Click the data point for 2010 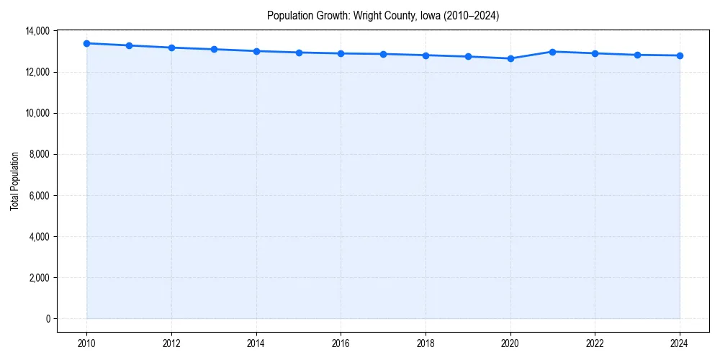pyautogui.click(x=86, y=43)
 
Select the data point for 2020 pyautogui.click(x=510, y=58)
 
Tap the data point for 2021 pyautogui.click(x=553, y=52)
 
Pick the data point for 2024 pyautogui.click(x=680, y=55)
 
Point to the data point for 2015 pyautogui.click(x=299, y=53)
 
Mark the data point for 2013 pyautogui.click(x=214, y=49)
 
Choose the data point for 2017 pyautogui.click(x=383, y=54)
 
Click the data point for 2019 pyautogui.click(x=468, y=56)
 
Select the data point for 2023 pyautogui.click(x=637, y=55)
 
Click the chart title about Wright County pyautogui.click(x=383, y=15)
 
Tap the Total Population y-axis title pyautogui.click(x=14, y=181)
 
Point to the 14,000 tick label pyautogui.click(x=37, y=31)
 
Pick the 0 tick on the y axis pyautogui.click(x=48, y=319)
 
